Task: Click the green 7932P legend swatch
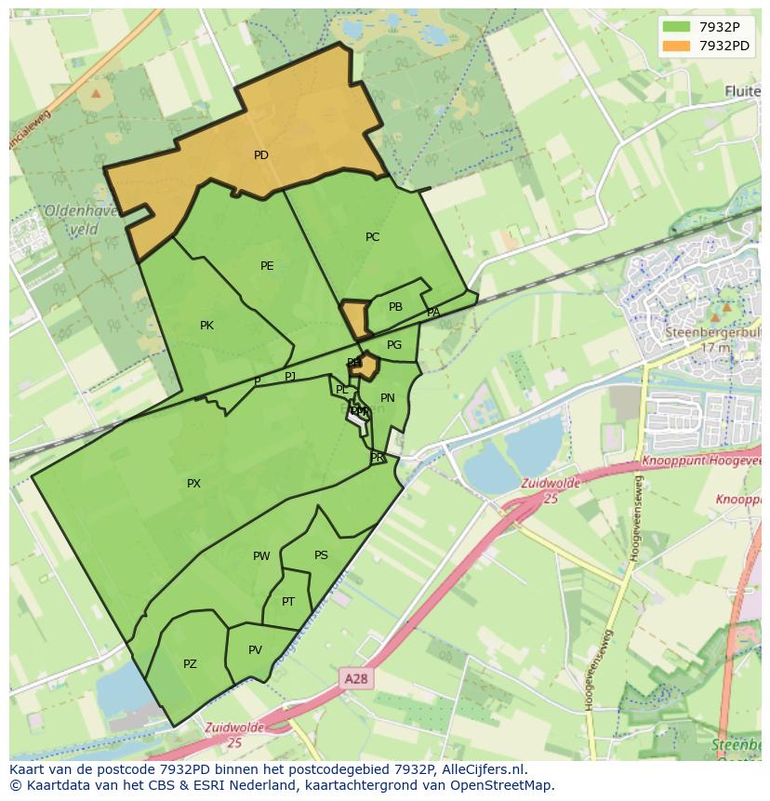676,27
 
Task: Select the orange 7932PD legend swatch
676,46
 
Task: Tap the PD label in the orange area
261,155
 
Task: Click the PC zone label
373,237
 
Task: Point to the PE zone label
267,266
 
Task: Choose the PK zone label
206,326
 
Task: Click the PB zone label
395,307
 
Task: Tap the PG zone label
394,345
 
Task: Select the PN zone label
388,398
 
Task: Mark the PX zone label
193,484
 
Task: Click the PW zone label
261,556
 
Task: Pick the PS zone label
321,555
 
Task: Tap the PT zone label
288,602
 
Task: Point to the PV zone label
255,650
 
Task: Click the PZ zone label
190,664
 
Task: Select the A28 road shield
355,679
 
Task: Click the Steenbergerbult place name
711,331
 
